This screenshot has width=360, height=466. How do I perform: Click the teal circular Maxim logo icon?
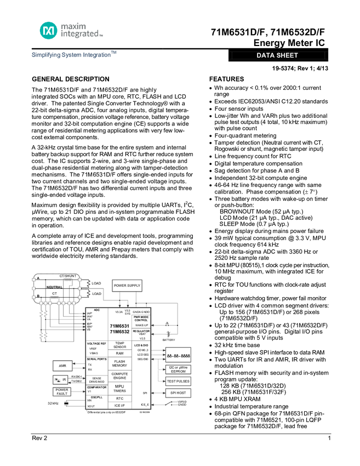click(48, 30)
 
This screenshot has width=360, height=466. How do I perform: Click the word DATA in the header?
click(266, 55)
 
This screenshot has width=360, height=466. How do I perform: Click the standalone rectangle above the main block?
click(127, 286)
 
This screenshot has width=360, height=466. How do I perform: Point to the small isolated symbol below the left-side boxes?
click(66, 404)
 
